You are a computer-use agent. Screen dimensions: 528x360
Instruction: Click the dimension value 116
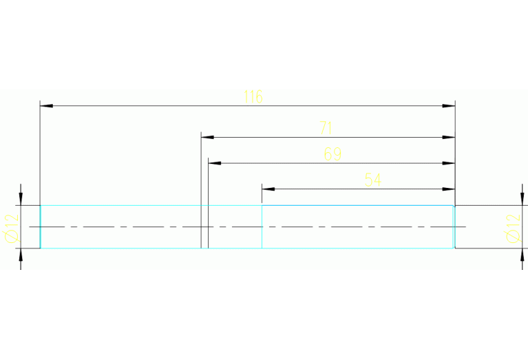click(x=253, y=97)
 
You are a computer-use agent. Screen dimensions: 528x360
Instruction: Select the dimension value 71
click(x=326, y=128)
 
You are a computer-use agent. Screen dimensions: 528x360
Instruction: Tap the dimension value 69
click(x=332, y=154)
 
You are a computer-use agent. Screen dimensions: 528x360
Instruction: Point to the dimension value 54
click(x=372, y=180)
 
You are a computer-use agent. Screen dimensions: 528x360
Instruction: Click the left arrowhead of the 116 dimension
click(x=46, y=106)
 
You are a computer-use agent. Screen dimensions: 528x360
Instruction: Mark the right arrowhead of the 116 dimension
click(x=449, y=106)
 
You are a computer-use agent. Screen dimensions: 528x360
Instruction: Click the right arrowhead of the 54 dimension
click(x=449, y=189)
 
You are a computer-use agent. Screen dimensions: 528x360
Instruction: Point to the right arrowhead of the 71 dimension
click(x=449, y=137)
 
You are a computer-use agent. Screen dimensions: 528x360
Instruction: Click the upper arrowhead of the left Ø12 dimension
click(x=21, y=199)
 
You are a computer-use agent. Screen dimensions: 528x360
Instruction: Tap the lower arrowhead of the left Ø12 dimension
click(x=21, y=255)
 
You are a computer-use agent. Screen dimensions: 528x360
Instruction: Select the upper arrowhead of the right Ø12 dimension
click(x=518, y=199)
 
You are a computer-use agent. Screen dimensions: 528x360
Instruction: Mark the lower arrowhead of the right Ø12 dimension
click(x=518, y=255)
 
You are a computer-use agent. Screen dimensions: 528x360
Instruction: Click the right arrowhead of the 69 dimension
click(x=449, y=163)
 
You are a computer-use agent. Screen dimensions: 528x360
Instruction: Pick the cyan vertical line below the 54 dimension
click(x=262, y=227)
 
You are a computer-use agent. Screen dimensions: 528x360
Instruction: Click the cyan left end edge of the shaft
click(x=41, y=227)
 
